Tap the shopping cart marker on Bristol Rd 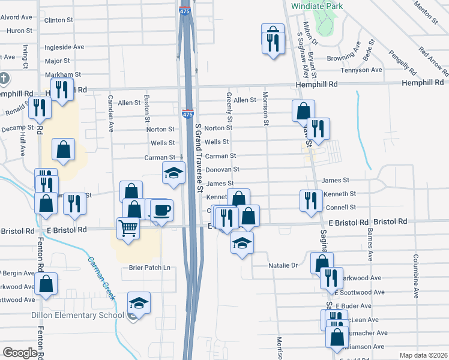[x=128, y=228]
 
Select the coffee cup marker [x=161, y=210]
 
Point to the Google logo [x=19, y=353]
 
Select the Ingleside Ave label [x=65, y=46]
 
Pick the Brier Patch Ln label [x=149, y=268]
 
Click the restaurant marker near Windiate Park [x=273, y=41]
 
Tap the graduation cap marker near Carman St [x=173, y=173]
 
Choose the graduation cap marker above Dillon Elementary [x=139, y=303]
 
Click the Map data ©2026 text [x=423, y=355]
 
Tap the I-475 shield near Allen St [x=187, y=112]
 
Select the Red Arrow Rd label [x=431, y=59]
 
